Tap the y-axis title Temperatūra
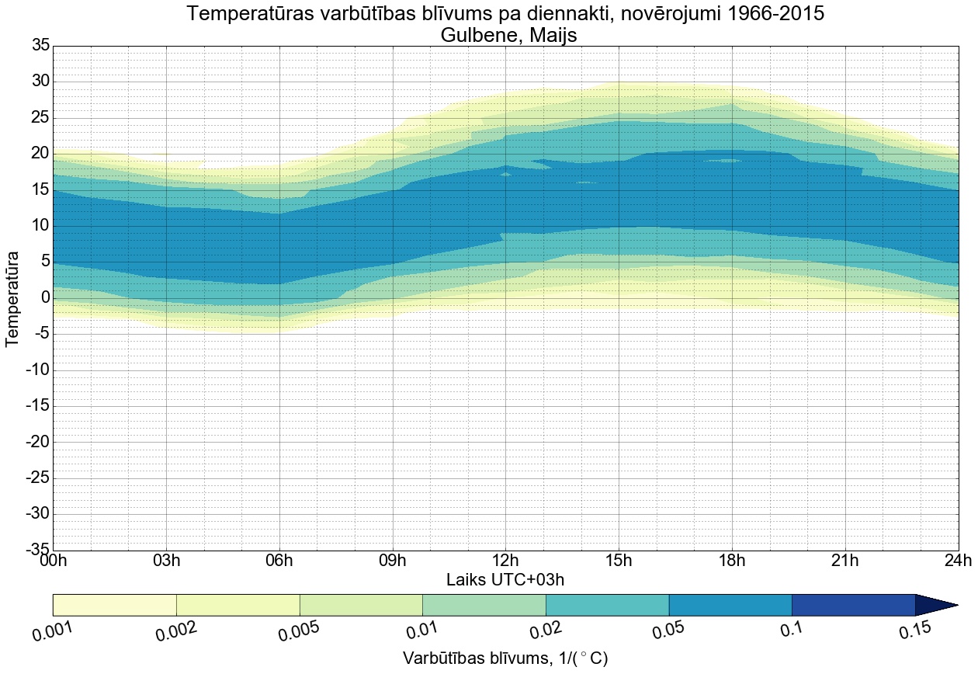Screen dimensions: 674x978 click(x=12, y=298)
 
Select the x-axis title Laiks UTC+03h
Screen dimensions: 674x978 click(x=505, y=579)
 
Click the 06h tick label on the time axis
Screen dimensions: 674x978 click(x=279, y=561)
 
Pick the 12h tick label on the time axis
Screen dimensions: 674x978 click(x=505, y=561)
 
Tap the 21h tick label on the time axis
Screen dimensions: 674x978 click(x=844, y=561)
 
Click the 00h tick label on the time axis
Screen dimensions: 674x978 click(x=54, y=561)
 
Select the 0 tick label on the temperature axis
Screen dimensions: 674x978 click(x=45, y=298)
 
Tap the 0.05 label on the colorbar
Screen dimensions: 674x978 click(x=669, y=630)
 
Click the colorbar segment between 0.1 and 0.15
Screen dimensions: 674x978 click(x=853, y=605)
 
